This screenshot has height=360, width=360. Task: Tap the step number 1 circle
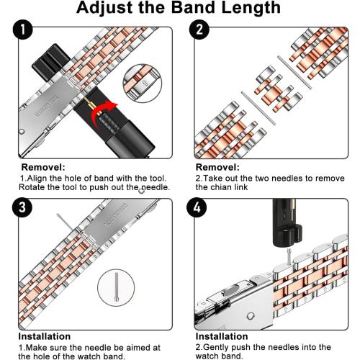click(24, 31)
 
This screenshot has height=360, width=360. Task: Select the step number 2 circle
click(200, 31)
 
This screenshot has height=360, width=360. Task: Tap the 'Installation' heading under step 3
click(45, 336)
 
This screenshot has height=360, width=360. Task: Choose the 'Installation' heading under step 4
click(220, 336)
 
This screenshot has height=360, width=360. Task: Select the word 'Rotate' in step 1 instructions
click(34, 187)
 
